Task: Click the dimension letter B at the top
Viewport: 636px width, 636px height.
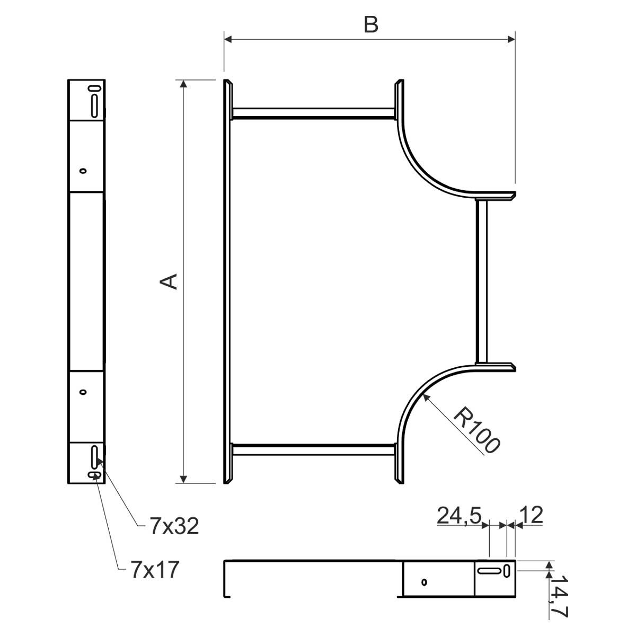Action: coord(370,25)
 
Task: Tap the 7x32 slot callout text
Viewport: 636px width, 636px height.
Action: coord(174,526)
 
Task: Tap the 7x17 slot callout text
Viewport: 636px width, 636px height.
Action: coord(155,570)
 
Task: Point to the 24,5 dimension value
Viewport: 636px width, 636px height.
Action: coord(459,515)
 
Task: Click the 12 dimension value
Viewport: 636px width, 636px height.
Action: coord(531,515)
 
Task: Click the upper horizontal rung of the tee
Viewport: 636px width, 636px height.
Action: coord(314,113)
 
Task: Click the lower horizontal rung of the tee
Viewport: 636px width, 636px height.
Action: coord(314,450)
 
